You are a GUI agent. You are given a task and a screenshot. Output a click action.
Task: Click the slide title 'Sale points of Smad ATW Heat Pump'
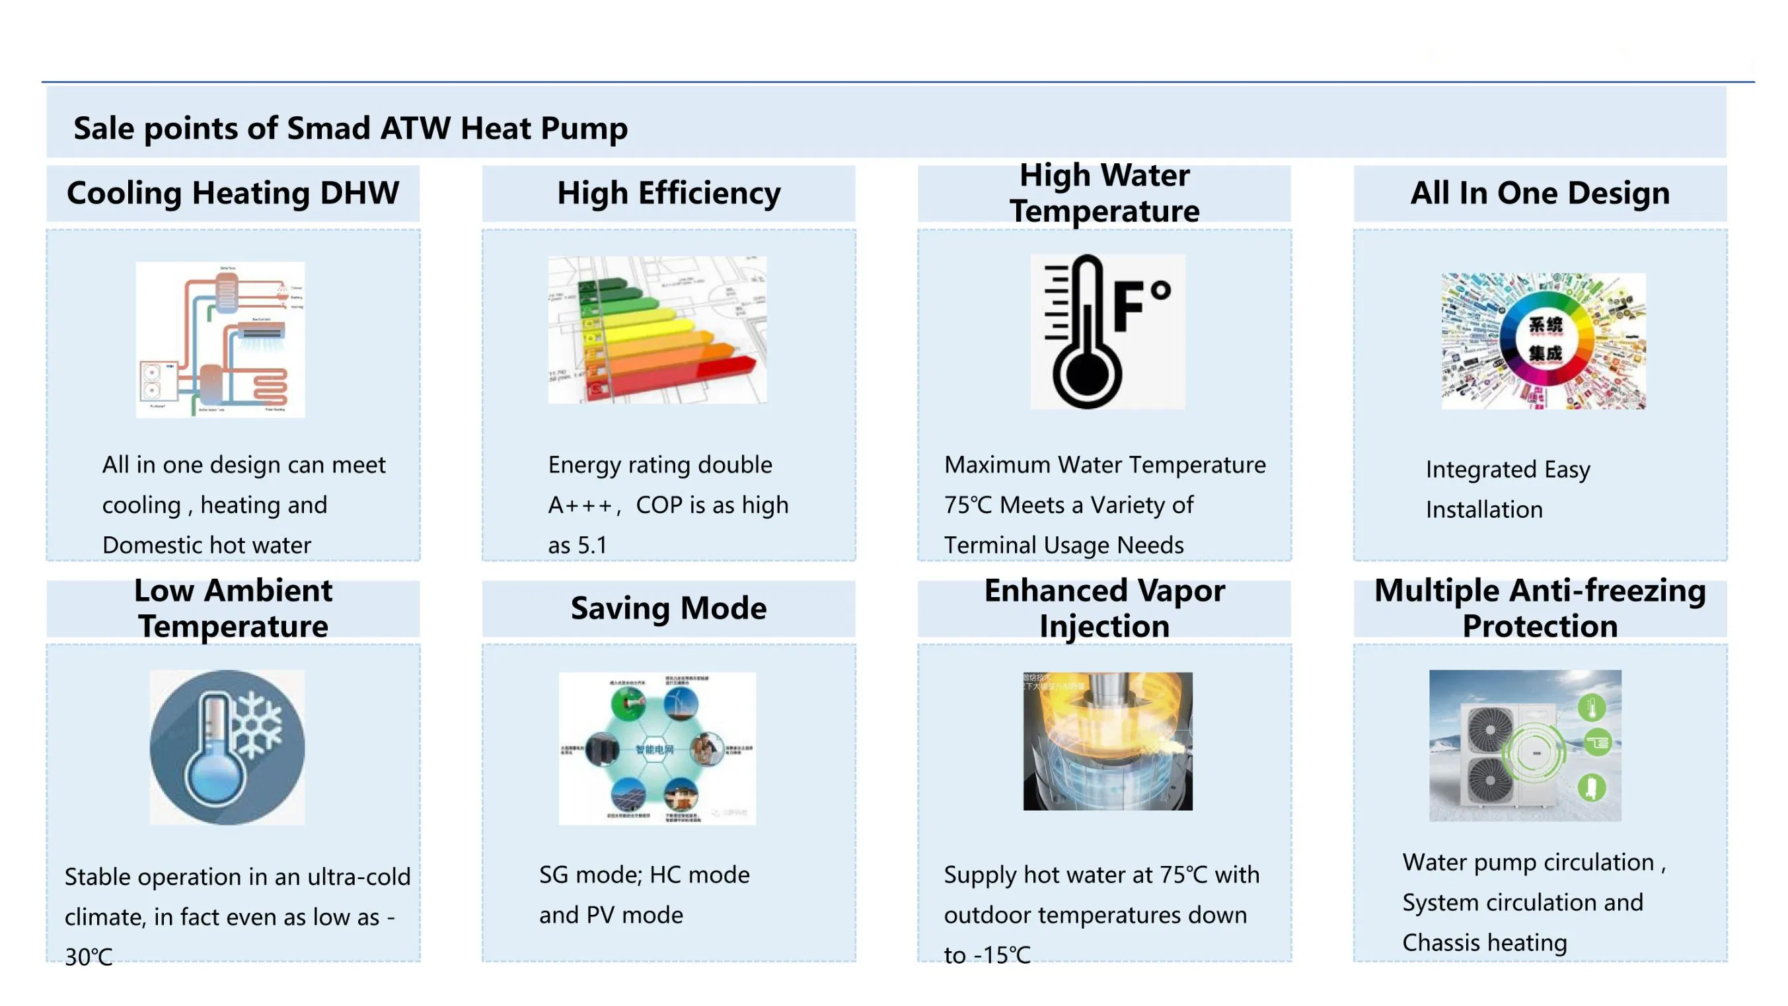tap(350, 128)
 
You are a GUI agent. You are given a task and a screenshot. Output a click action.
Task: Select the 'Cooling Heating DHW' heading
tap(233, 193)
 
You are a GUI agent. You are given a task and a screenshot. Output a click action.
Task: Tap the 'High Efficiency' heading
tap(669, 193)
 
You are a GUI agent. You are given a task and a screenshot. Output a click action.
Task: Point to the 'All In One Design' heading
tap(1540, 193)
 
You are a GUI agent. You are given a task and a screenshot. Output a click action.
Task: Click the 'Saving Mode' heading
tap(669, 608)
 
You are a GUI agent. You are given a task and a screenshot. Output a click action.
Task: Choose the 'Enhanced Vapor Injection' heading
tap(1104, 608)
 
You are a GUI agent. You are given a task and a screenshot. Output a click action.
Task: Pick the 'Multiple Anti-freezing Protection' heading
tap(1540, 608)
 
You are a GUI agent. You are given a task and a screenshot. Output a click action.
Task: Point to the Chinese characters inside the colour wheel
tap(1545, 340)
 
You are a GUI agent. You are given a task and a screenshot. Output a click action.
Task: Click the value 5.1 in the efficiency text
tap(592, 546)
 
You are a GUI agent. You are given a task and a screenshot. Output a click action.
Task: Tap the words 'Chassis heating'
tap(1485, 943)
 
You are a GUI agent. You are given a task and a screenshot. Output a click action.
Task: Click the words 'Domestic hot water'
tap(207, 546)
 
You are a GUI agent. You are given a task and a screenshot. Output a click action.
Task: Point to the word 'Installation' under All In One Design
tap(1484, 510)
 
